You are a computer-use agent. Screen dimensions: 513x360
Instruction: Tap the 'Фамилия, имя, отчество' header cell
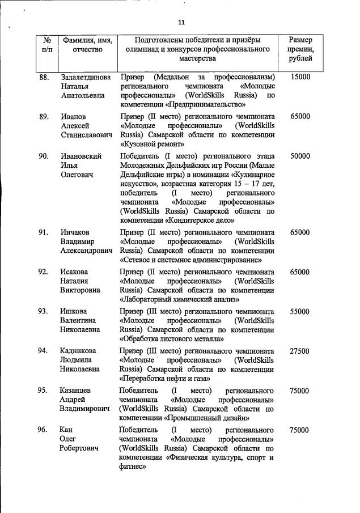pos(87,45)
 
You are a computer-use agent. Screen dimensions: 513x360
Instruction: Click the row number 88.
pos(44,77)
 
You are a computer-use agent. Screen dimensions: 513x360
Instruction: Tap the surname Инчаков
pos(77,232)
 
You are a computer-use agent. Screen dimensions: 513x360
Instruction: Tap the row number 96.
pos(44,430)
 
